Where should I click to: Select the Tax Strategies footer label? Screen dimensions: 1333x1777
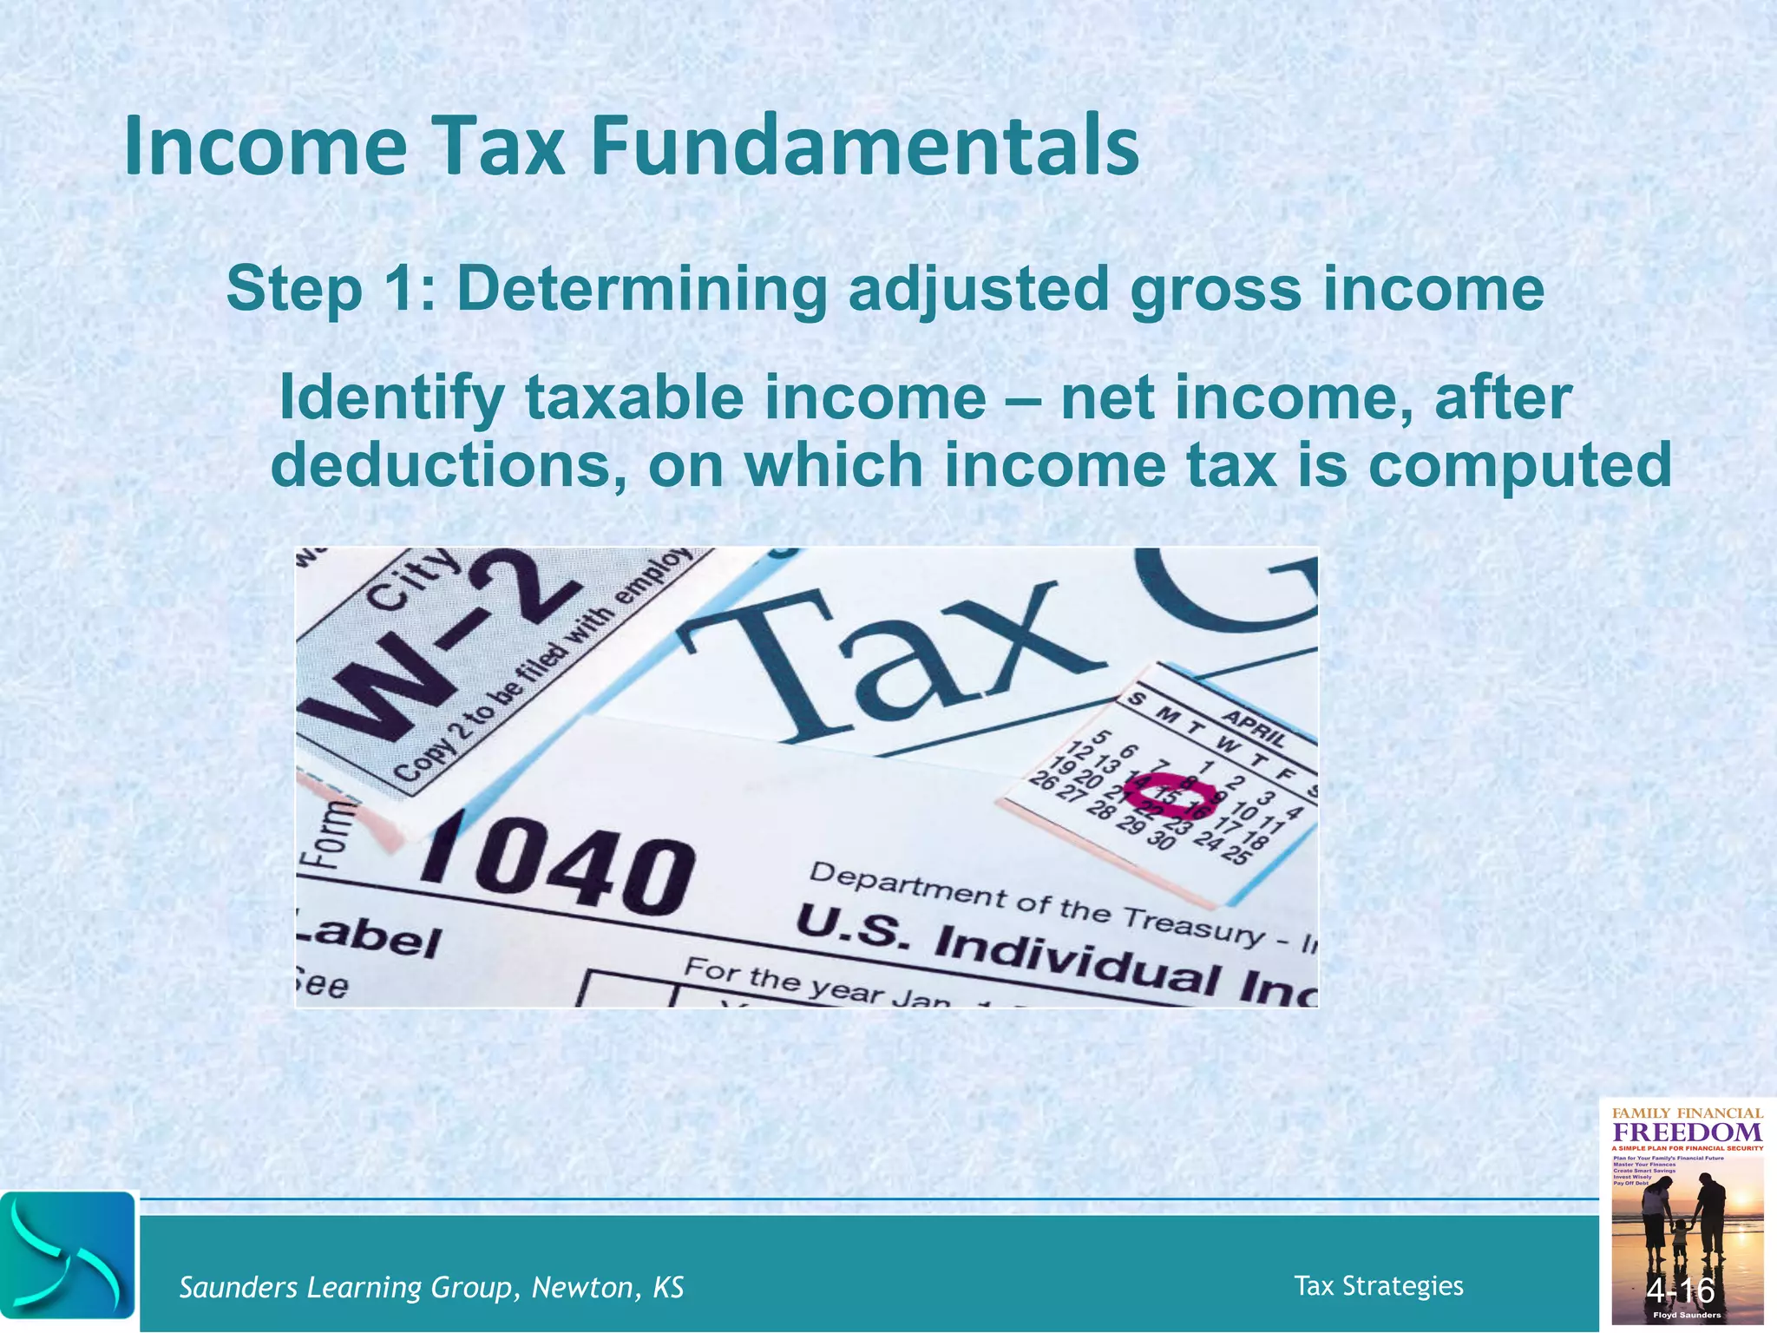tap(1378, 1285)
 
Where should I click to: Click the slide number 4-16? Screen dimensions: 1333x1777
tap(1681, 1291)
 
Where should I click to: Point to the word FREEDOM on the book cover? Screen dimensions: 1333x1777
tap(1687, 1133)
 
